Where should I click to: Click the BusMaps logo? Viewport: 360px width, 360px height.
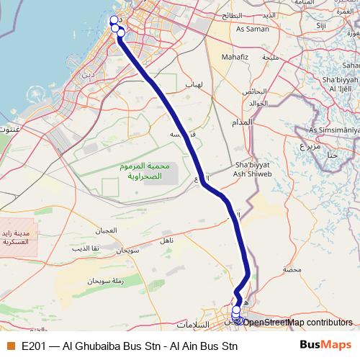pos(325,345)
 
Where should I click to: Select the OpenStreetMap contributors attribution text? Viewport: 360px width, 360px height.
pos(297,322)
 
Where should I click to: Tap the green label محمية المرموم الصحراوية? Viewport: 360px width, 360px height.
pos(146,171)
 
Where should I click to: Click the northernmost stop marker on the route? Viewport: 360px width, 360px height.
pos(114,19)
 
